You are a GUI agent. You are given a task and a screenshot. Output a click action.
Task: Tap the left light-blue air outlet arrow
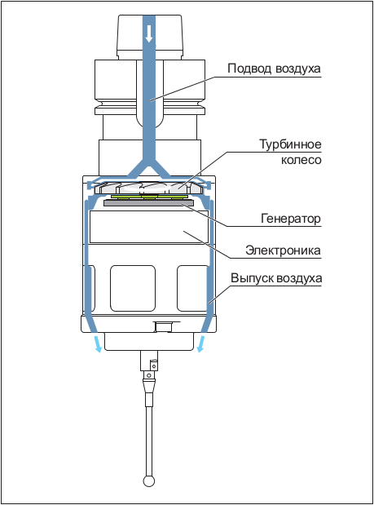point(98,344)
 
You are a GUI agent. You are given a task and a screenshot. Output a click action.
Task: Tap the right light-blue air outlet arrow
point(201,344)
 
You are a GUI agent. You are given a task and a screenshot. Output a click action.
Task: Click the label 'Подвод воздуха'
point(274,69)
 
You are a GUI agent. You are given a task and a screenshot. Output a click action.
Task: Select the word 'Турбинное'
point(290,144)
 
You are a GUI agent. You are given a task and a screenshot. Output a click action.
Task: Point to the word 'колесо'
point(301,160)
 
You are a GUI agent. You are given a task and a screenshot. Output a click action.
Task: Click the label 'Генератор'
point(291,219)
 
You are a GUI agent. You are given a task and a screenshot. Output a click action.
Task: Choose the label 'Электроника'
point(283,250)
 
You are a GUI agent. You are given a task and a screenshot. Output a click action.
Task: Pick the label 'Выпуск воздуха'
point(276,278)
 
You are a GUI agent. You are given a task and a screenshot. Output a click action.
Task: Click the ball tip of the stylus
point(149,481)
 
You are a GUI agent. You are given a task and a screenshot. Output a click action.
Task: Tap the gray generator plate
point(148,202)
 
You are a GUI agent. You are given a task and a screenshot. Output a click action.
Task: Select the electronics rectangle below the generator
point(149,227)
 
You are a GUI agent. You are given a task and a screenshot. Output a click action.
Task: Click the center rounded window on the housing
point(133,288)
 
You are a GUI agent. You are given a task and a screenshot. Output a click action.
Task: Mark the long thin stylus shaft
point(149,441)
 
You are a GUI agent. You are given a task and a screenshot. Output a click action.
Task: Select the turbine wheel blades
point(148,188)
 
